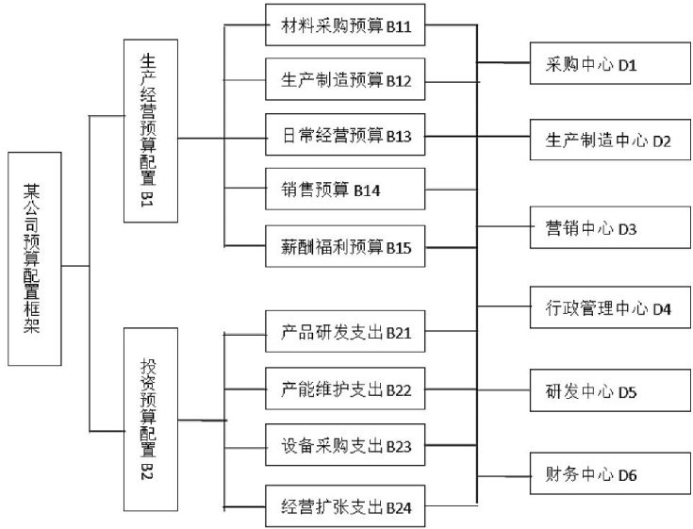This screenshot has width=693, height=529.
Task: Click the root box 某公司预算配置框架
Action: tap(35, 256)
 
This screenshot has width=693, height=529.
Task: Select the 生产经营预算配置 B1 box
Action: tap(149, 131)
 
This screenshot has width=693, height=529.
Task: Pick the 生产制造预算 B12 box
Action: tap(345, 80)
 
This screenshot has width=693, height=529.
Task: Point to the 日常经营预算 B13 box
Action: tap(345, 137)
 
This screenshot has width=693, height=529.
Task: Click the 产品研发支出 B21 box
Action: tap(345, 333)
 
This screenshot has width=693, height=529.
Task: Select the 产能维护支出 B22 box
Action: tap(345, 389)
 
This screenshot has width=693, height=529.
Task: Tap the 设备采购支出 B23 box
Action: tap(345, 446)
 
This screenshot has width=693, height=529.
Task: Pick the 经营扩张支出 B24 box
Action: tap(345, 507)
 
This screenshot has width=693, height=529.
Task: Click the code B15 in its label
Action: tap(399, 248)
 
